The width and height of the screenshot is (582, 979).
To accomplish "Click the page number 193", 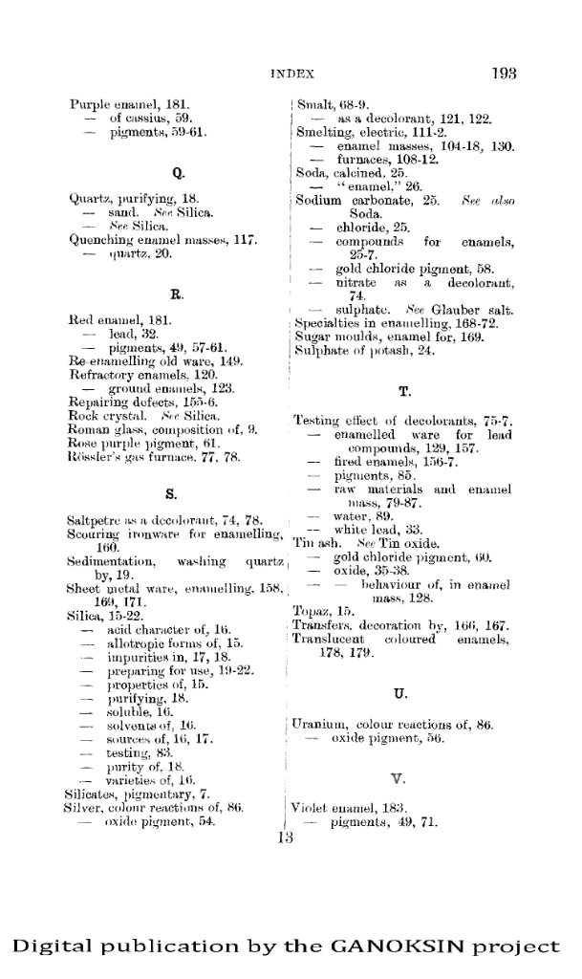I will [x=505, y=72].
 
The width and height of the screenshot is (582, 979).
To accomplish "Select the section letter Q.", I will [x=178, y=173].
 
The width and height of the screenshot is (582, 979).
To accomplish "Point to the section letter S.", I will [x=174, y=494].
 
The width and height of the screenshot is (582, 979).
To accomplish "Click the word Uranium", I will [x=318, y=726].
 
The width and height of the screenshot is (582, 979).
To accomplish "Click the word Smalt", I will [x=313, y=103].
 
